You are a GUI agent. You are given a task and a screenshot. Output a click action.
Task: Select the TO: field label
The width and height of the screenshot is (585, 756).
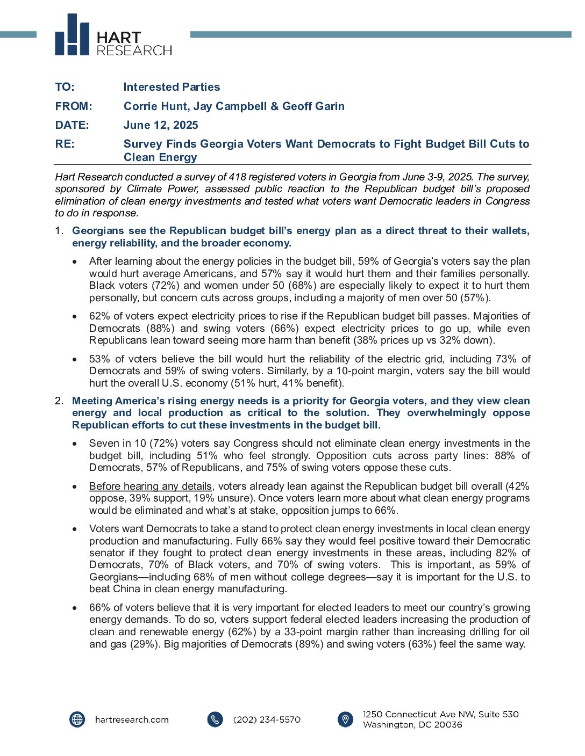(65, 87)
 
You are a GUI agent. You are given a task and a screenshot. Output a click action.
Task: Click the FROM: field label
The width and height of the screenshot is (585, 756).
(74, 106)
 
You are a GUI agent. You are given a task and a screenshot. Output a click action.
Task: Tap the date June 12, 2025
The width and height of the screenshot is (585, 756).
(161, 125)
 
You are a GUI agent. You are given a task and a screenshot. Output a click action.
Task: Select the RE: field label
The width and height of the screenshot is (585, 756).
(65, 144)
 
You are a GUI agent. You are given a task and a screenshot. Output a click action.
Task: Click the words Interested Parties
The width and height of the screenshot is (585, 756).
(172, 87)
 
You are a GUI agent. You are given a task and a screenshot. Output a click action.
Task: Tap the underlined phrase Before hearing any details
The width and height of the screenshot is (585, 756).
(151, 486)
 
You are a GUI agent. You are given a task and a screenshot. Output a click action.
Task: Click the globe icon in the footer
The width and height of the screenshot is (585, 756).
(77, 719)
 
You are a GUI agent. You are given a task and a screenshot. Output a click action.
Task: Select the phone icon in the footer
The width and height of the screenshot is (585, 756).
(215, 719)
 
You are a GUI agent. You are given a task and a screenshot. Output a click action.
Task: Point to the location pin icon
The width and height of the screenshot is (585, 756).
(345, 719)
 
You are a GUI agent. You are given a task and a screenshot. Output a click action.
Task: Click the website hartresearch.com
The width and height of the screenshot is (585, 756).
(132, 719)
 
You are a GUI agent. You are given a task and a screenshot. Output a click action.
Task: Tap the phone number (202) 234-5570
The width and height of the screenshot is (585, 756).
(267, 719)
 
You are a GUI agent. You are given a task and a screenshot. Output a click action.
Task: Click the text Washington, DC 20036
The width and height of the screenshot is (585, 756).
(412, 725)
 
